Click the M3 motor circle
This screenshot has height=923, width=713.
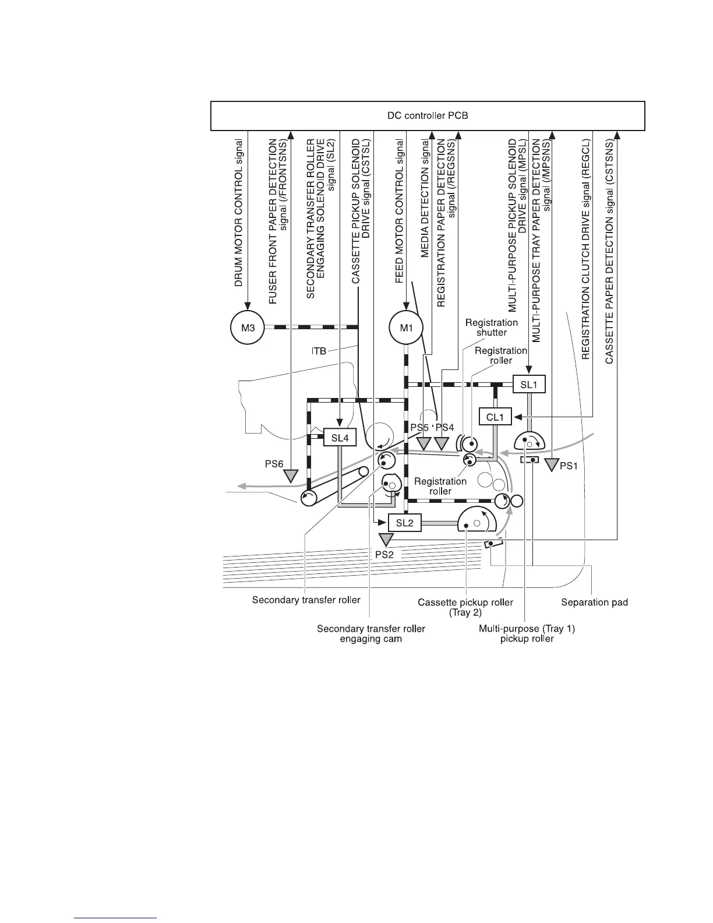[x=248, y=327]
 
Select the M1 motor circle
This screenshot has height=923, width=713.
[x=406, y=327]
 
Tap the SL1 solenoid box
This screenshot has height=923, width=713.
[x=529, y=385]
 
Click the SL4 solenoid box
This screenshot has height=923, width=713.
[x=340, y=438]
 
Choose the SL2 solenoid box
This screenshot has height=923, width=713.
[x=404, y=523]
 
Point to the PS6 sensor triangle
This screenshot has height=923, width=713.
[x=290, y=477]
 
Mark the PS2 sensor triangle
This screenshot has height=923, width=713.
[x=385, y=540]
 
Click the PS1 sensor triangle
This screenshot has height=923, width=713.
[x=550, y=464]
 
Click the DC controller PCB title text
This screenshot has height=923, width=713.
[x=428, y=115]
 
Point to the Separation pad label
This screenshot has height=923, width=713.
[x=594, y=602]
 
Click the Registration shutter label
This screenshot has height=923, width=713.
[x=492, y=327]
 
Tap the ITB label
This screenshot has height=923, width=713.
[x=319, y=351]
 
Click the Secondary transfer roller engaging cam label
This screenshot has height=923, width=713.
[x=371, y=633]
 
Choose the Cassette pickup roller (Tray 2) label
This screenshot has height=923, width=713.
[x=465, y=607]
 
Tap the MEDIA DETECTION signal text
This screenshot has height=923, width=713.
[x=425, y=205]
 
